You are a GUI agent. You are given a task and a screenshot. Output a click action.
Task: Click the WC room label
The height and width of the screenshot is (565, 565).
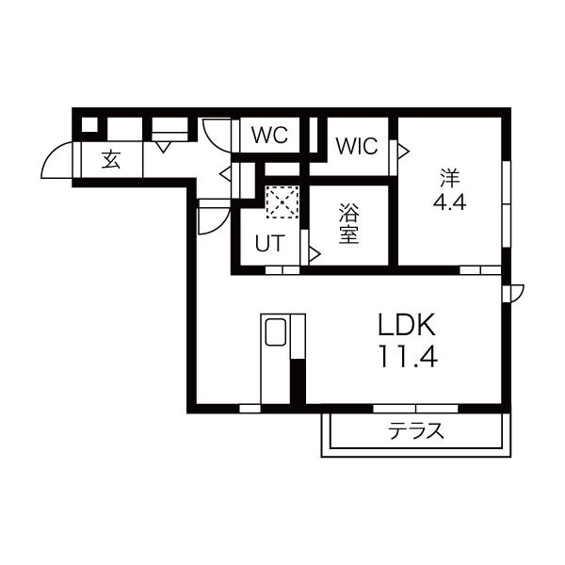point(270,135)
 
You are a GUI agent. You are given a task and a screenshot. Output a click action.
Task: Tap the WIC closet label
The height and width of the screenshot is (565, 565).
point(357,146)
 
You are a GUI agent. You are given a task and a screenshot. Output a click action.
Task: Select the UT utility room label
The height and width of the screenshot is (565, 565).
point(270,243)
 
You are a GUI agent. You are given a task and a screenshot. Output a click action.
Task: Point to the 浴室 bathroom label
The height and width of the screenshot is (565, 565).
point(348,224)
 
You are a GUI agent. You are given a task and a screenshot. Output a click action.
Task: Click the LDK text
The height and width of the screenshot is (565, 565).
point(407,325)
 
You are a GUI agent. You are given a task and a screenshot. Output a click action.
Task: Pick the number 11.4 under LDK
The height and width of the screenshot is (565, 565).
point(408,356)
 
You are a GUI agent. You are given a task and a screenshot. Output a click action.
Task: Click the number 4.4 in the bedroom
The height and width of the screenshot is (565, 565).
point(449,202)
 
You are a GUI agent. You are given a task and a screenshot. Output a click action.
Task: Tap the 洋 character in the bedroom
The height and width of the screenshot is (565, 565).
point(450,178)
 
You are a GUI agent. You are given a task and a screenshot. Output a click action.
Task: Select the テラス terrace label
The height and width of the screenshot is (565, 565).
point(416,431)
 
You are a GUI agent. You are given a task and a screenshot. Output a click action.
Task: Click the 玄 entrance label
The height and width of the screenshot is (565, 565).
point(111,160)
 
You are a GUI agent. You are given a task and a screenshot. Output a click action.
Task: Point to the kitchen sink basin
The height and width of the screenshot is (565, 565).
point(276,331)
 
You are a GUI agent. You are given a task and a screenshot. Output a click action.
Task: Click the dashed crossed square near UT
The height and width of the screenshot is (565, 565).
point(282,202)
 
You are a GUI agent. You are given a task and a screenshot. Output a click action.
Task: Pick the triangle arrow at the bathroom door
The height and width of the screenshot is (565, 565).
point(315,254)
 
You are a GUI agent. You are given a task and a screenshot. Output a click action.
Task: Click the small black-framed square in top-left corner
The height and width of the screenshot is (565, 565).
point(89,124)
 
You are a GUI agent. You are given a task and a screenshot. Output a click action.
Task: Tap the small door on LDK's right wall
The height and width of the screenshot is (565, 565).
point(514,293)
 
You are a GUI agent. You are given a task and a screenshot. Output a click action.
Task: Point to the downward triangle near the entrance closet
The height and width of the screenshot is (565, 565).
point(163,147)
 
